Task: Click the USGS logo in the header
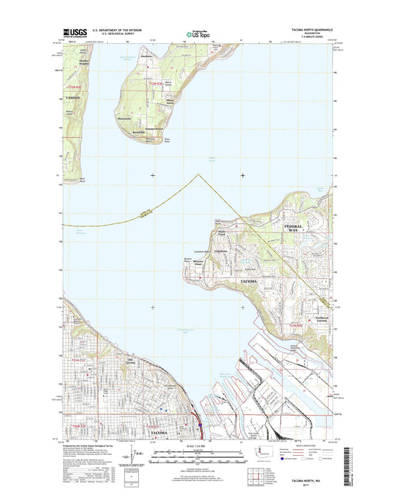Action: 76,33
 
